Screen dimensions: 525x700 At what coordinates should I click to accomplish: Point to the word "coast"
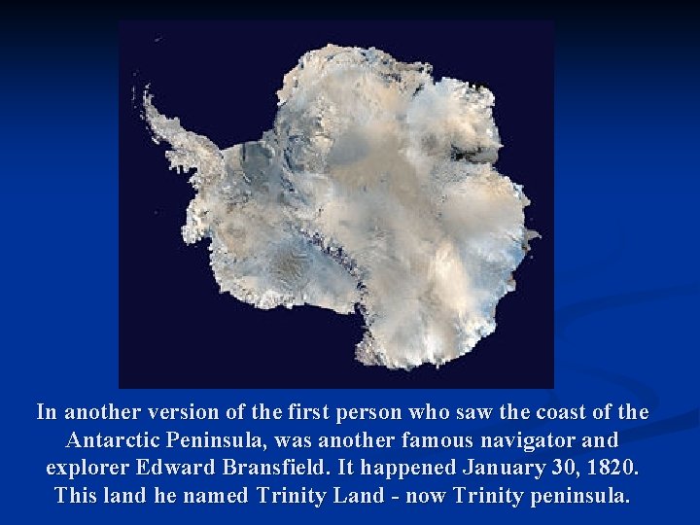point(560,412)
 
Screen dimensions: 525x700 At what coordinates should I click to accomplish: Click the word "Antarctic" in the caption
point(112,439)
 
